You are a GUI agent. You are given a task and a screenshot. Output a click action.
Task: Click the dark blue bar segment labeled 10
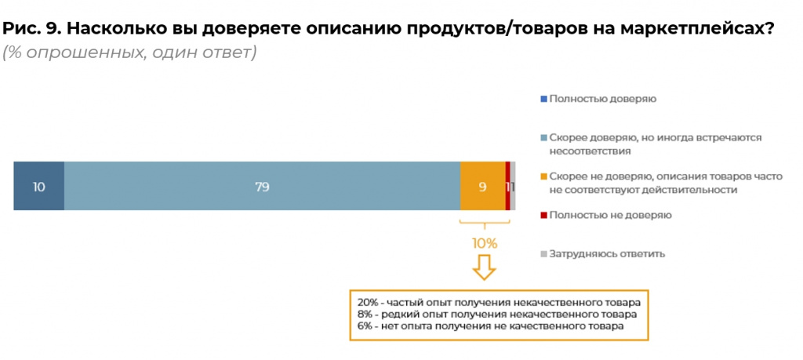[38, 186]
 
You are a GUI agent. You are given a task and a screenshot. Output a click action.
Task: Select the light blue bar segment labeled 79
[262, 186]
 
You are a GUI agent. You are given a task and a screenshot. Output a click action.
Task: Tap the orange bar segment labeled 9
[482, 186]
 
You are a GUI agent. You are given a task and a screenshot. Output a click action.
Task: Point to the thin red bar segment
[508, 186]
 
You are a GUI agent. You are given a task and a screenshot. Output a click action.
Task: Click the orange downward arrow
[484, 268]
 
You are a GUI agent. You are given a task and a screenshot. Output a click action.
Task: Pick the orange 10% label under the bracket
[484, 243]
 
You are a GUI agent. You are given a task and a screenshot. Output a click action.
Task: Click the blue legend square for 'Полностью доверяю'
[543, 99]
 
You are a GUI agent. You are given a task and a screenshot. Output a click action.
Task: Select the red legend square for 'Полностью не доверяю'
[543, 214]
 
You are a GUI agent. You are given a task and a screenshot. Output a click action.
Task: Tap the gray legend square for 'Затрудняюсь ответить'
[543, 253]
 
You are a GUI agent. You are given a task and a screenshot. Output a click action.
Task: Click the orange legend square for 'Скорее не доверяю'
[543, 176]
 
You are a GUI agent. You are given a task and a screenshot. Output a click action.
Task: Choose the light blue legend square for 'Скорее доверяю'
[543, 137]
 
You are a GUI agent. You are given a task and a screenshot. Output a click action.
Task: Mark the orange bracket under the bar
[484, 225]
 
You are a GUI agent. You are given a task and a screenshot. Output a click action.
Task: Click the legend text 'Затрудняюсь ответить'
[607, 253]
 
